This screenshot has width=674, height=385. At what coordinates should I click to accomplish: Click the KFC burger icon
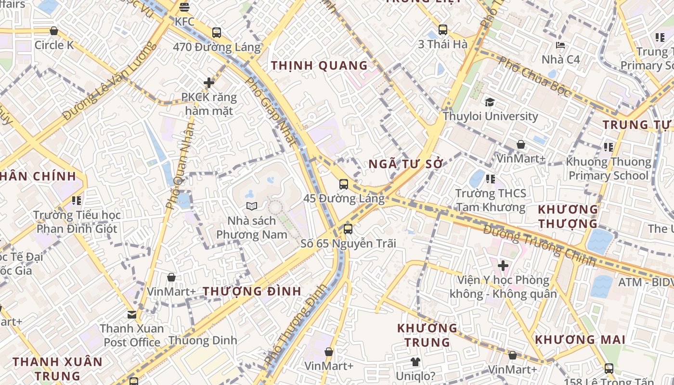(184, 7)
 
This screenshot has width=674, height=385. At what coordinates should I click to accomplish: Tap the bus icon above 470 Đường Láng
(217, 33)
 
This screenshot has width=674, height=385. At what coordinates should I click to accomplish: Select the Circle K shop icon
(54, 31)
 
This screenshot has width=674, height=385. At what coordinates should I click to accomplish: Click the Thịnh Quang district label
(319, 65)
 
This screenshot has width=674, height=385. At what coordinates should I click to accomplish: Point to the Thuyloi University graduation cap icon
(490, 102)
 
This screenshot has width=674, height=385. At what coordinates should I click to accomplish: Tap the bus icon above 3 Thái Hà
(443, 30)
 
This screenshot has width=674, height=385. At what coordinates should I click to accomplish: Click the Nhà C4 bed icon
(560, 45)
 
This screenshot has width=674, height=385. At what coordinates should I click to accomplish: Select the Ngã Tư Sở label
(405, 164)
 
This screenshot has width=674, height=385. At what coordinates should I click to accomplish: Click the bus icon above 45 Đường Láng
(344, 184)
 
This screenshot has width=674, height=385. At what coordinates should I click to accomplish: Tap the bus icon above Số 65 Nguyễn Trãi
(348, 229)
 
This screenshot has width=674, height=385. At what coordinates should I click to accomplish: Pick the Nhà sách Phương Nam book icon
(252, 206)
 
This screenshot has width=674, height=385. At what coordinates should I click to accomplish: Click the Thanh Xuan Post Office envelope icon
(132, 315)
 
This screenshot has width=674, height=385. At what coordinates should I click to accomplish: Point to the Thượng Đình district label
(252, 291)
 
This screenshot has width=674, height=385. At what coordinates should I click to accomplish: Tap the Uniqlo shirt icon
(415, 361)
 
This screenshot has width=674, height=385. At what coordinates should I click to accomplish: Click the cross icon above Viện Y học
(503, 265)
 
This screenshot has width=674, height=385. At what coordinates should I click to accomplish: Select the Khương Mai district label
(580, 340)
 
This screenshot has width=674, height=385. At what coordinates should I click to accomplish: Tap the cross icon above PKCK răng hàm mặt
(209, 83)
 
